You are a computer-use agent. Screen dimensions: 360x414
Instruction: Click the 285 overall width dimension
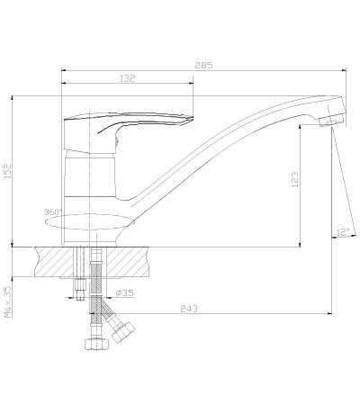coord(203,65)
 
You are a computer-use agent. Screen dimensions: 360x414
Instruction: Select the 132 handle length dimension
coord(128,78)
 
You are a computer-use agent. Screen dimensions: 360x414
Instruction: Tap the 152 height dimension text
coord(7,171)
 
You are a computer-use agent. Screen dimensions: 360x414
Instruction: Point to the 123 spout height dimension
coord(295,179)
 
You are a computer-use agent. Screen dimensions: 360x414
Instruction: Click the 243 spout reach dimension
coord(189,309)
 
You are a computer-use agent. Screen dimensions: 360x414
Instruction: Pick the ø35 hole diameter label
coord(125,292)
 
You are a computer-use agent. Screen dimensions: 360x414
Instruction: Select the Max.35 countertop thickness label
coord(7,301)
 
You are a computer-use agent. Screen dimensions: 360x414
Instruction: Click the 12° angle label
coord(343,232)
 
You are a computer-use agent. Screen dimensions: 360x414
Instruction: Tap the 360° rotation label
coord(53,211)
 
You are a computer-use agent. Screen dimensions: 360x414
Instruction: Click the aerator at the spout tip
coord(329,122)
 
